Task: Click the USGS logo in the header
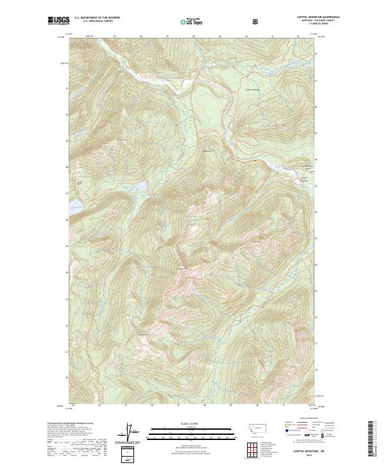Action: (x=58, y=21)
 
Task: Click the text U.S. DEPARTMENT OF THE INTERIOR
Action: (x=98, y=18)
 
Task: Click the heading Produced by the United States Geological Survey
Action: (x=69, y=423)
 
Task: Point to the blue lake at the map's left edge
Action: (x=75, y=205)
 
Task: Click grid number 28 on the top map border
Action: (x=194, y=37)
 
